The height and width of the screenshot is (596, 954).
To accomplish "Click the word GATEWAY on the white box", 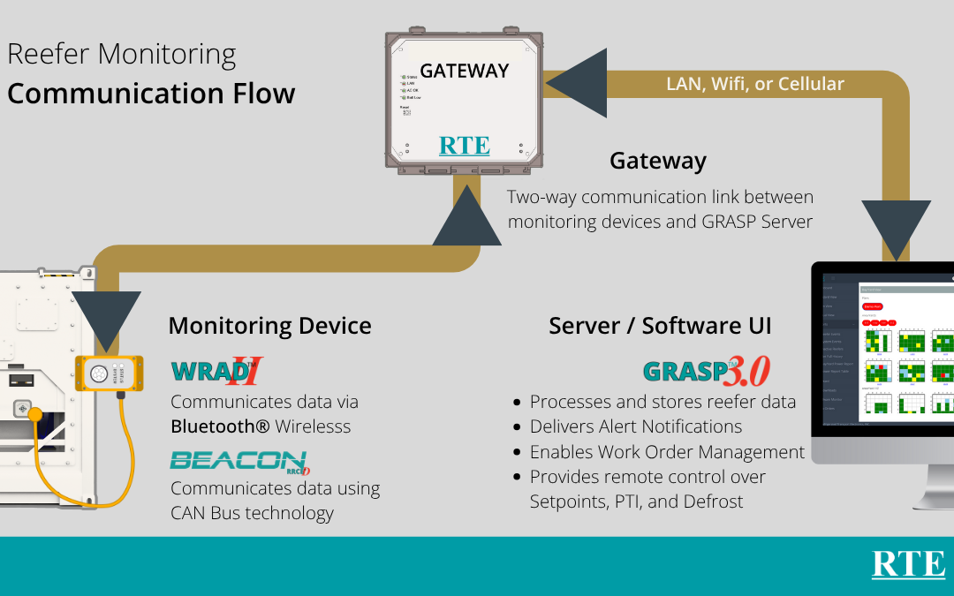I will click(x=464, y=72).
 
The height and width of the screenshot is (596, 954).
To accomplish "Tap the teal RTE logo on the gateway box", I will click(x=464, y=145).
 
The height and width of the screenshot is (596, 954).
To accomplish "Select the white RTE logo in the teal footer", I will click(x=908, y=565).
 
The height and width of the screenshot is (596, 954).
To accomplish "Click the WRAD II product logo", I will click(x=217, y=372).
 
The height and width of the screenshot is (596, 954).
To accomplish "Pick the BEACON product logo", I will click(x=238, y=461).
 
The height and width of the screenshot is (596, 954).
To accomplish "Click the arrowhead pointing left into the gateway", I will click(x=574, y=83).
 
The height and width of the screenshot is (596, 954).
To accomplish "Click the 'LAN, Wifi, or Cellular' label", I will click(x=755, y=84).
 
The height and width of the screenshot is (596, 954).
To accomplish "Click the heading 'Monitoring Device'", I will click(x=269, y=326).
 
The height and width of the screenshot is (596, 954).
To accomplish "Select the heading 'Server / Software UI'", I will click(x=660, y=326).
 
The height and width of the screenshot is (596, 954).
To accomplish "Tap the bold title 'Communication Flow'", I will click(x=151, y=94).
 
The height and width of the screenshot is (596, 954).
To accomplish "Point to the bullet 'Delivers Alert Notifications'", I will click(x=635, y=426).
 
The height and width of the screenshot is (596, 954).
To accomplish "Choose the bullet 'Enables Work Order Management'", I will click(x=667, y=452).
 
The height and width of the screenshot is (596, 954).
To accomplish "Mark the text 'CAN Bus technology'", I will click(x=252, y=513).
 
